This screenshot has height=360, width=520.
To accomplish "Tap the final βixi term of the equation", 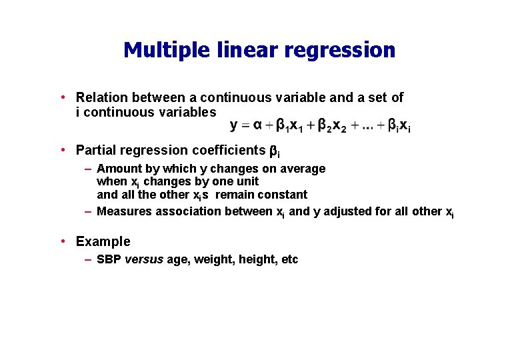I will pos(399,125).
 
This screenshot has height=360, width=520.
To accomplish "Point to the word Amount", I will pos(119,169).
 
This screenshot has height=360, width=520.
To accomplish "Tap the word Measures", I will pos(125,211).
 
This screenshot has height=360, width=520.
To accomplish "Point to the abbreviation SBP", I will pos(109,259).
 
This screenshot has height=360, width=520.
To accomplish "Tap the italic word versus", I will pos(144,259).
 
